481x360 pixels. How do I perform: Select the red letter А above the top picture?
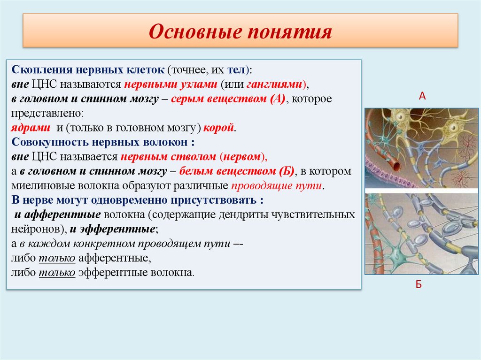coord(422,96)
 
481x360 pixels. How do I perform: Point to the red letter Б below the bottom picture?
coord(419,284)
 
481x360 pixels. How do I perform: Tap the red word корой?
coord(218,128)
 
